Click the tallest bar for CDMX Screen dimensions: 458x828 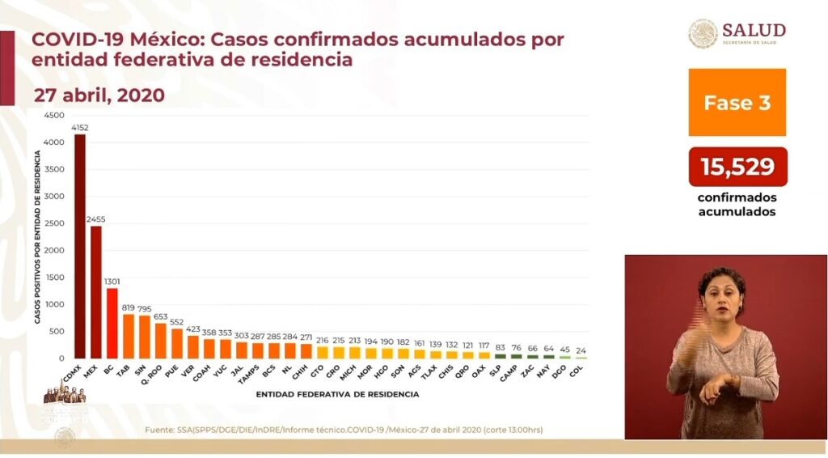coord(80,246)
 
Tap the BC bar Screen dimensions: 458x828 coord(112,323)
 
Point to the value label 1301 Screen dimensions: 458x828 coord(112,282)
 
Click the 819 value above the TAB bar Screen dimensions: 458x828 coord(129,307)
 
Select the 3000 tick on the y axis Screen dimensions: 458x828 coord(53,196)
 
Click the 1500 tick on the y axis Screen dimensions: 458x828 coord(53,277)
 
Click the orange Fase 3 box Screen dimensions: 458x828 coord(737,102)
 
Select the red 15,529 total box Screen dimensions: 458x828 coord(737,167)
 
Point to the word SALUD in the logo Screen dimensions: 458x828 coord(754,30)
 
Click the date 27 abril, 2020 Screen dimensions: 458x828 coord(99,95)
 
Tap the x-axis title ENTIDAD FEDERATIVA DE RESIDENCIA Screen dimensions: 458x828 coord(337,394)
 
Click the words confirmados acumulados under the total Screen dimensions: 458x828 coord(737,205)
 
